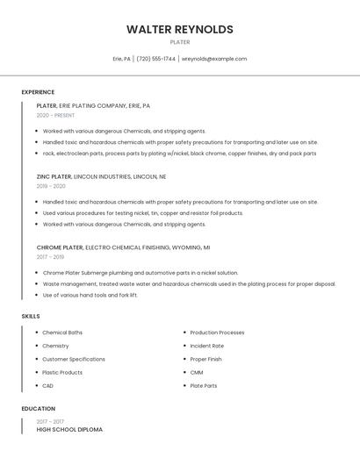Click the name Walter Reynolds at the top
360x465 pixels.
(180, 29)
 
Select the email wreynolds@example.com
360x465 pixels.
(214, 59)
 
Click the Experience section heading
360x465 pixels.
(38, 92)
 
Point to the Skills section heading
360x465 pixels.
(31, 316)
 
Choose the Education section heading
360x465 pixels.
(39, 409)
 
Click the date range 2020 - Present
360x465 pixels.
(55, 115)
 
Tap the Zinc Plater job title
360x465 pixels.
(54, 176)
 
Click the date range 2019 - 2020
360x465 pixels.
(51, 186)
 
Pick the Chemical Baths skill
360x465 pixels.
(62, 333)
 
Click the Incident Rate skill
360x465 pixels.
(207, 346)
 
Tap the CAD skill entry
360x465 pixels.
(48, 385)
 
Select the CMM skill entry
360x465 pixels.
(197, 372)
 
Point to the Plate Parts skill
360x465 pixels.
(204, 385)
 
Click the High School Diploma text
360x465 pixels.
(69, 430)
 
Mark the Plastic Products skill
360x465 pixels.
(62, 372)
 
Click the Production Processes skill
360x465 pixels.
(217, 333)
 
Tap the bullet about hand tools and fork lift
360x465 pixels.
(90, 295)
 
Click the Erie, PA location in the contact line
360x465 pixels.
(122, 59)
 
